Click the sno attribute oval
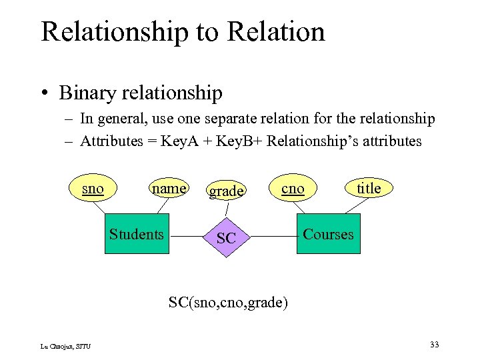93,189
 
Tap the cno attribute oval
293,189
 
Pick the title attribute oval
369,189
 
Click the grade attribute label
226,192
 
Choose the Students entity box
137,234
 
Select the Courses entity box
328,234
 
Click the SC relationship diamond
227,236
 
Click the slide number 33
434,345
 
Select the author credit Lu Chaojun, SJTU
66,345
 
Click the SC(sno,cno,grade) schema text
228,303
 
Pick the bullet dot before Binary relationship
45,93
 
